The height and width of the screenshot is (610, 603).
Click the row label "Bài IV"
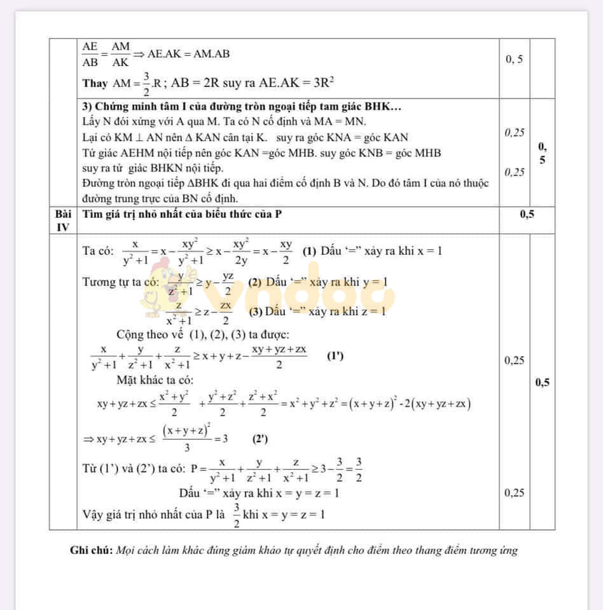pyautogui.click(x=62, y=220)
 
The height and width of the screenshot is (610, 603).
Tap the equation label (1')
pyautogui.click(x=335, y=356)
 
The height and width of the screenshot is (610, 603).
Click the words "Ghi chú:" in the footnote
pyautogui.click(x=92, y=550)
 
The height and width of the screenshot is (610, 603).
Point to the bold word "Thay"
pyautogui.click(x=94, y=83)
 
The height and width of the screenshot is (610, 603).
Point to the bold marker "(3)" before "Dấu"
pyautogui.click(x=255, y=311)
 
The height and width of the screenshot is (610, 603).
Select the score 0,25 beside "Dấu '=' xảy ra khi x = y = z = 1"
pyautogui.click(x=514, y=492)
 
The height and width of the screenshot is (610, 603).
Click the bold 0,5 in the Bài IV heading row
pyautogui.click(x=527, y=214)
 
